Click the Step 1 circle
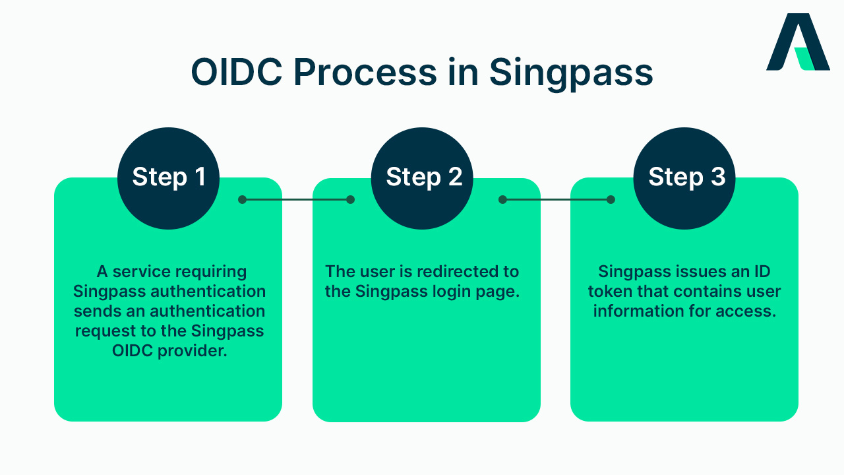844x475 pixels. [168, 178]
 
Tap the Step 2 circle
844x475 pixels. [423, 178]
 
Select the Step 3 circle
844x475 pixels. [684, 178]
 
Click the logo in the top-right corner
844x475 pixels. [797, 42]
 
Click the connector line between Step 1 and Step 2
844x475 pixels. [296, 199]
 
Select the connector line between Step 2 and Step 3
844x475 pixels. [557, 199]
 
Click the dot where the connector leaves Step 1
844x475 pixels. [242, 199]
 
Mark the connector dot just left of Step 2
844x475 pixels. [350, 199]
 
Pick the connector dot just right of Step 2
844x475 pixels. [502, 199]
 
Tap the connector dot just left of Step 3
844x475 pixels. [611, 199]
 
